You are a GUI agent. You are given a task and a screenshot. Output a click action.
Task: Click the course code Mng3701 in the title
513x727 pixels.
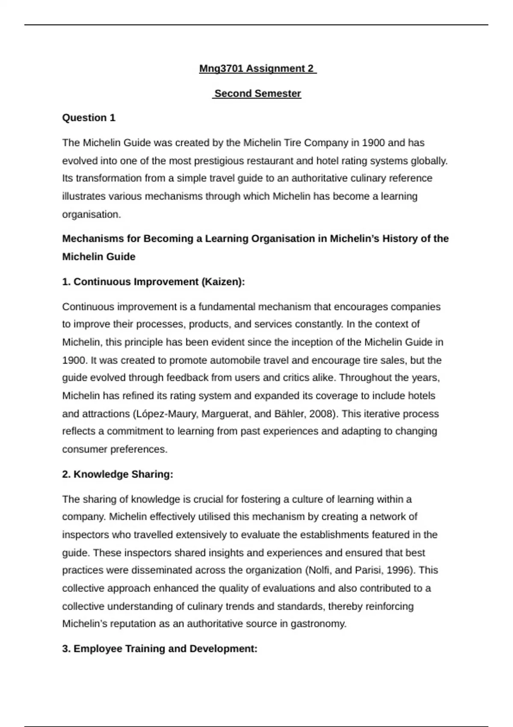tap(221, 68)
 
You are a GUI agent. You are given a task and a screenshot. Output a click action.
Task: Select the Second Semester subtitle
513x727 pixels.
tap(257, 93)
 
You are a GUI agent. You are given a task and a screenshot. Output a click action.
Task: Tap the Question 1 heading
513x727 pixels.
tap(89, 118)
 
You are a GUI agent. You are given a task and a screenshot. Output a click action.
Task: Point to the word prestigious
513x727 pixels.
tap(217, 161)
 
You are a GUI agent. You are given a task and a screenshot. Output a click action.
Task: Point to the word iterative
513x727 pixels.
tap(381, 414)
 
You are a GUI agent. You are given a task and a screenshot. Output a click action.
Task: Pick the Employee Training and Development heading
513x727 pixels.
tap(160, 649)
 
